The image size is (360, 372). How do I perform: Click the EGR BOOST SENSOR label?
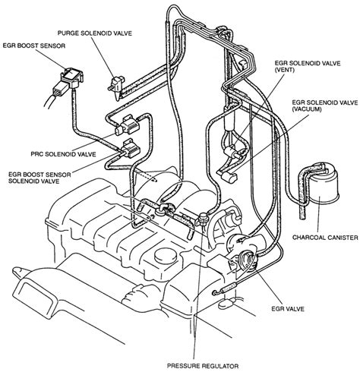click(x=34, y=46)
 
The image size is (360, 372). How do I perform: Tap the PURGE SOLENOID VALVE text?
click(x=95, y=33)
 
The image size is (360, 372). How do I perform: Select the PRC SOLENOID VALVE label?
click(x=63, y=154)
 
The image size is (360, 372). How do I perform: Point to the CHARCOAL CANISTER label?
click(x=325, y=238)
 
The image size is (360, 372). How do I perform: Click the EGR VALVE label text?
click(x=288, y=309)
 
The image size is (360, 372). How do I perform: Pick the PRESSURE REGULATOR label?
click(x=203, y=366)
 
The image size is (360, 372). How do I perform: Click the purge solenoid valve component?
click(x=117, y=85)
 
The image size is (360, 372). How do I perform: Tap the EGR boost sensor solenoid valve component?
click(x=130, y=149)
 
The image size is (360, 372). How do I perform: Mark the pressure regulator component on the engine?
click(x=203, y=218)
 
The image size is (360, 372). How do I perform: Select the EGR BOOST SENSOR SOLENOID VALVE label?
click(x=39, y=178)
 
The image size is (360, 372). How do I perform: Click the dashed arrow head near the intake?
click(x=155, y=180)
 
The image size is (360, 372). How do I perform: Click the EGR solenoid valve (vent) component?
click(x=232, y=151)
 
